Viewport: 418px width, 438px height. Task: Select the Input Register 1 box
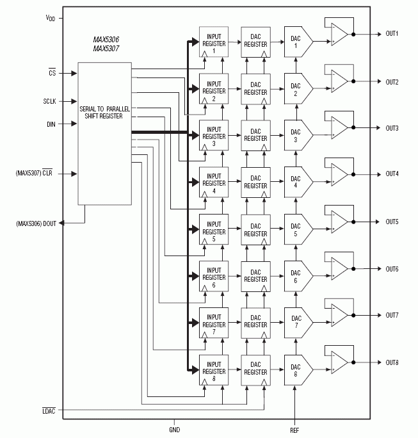click(x=213, y=44)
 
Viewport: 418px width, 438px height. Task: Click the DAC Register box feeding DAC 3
click(x=255, y=136)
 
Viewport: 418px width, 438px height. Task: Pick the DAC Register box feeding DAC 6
click(x=255, y=277)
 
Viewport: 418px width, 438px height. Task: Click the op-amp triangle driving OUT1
click(x=339, y=35)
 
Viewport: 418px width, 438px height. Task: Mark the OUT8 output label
click(x=392, y=362)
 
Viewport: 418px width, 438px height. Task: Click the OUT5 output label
click(x=392, y=222)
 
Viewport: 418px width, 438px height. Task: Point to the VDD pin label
click(x=50, y=19)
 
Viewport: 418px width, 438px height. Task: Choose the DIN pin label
click(x=51, y=124)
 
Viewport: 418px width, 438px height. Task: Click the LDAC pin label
click(x=49, y=410)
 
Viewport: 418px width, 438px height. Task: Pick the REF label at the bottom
click(x=294, y=431)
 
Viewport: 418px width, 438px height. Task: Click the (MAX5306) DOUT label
click(x=36, y=223)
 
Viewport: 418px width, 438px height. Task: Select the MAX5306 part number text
click(x=106, y=40)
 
